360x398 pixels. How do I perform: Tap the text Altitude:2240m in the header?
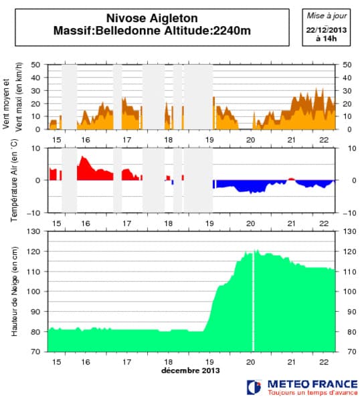point(209,31)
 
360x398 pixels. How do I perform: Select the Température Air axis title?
point(13,179)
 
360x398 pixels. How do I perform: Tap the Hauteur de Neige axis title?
point(13,291)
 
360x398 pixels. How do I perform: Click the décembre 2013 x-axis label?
point(190,369)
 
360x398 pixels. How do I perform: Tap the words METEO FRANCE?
point(307,383)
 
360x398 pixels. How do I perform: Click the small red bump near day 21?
point(291,179)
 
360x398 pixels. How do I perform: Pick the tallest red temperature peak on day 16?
point(83,158)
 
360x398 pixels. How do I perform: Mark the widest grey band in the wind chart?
point(198,97)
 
